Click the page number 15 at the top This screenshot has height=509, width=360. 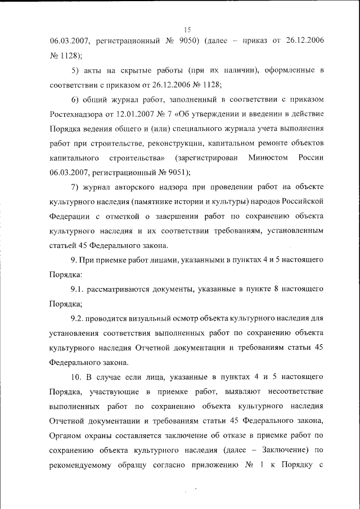[188, 29]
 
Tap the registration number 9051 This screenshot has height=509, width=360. [177, 172]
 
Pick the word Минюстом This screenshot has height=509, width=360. [267, 157]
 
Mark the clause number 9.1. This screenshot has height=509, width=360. [77, 289]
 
